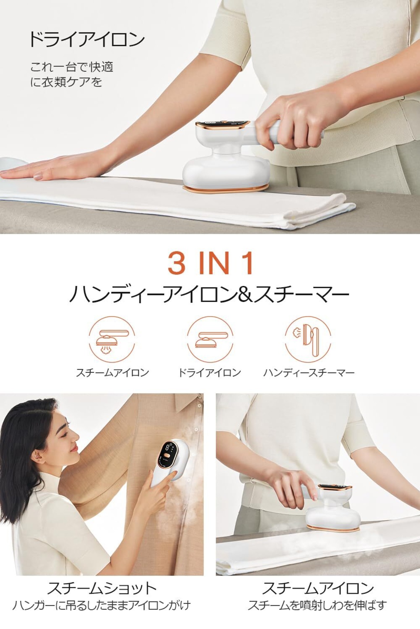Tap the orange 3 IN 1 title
(211, 263)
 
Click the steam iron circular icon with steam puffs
(112, 339)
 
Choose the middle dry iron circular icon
(210, 339)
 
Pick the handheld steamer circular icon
(308, 339)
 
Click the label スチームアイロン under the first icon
(113, 372)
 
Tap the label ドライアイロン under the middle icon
(209, 372)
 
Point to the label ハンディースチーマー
(309, 372)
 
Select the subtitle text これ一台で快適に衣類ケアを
(72, 74)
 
